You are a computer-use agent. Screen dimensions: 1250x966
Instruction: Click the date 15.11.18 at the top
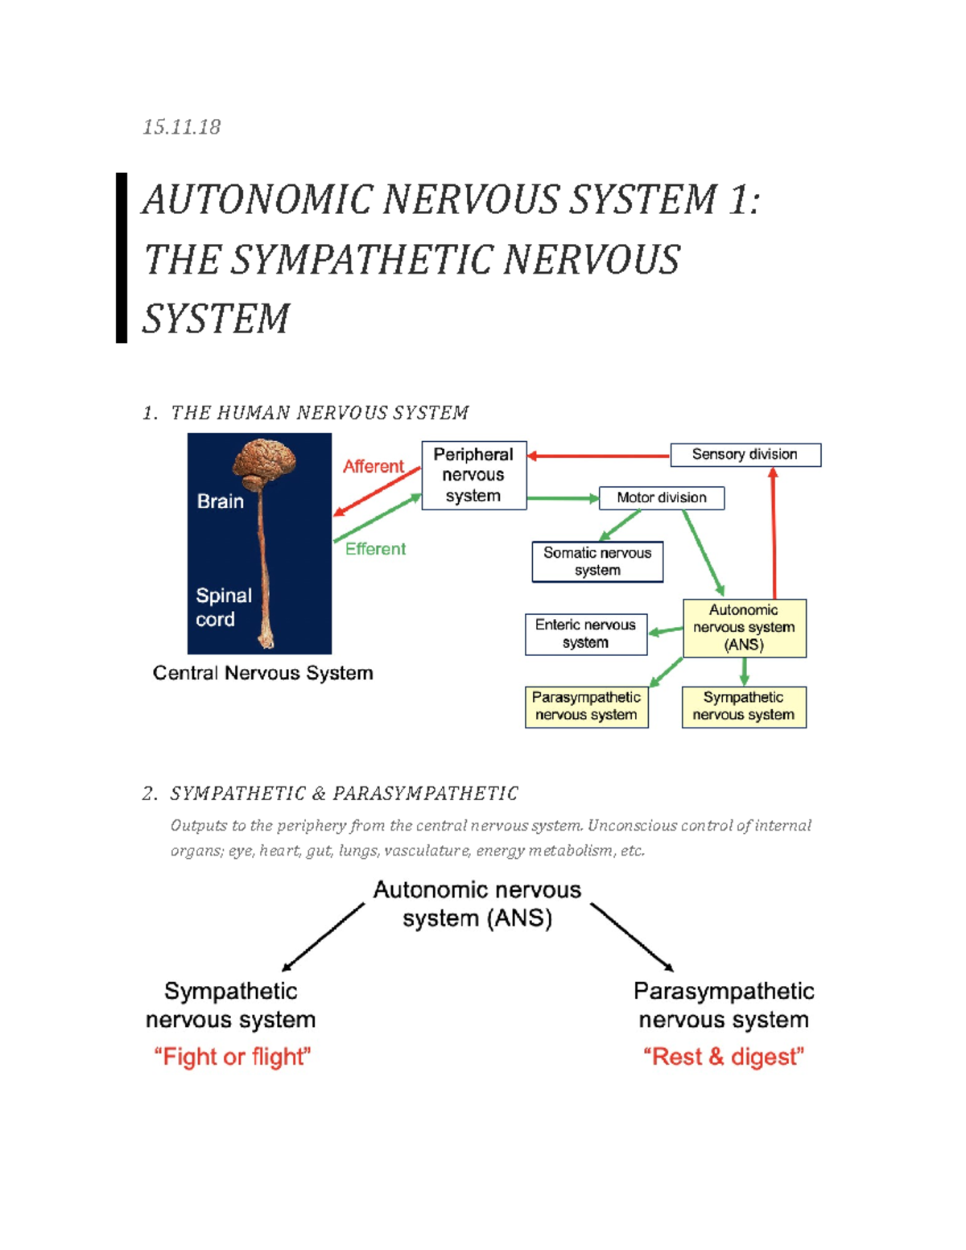181,127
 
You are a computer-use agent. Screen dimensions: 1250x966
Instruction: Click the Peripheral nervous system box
473,475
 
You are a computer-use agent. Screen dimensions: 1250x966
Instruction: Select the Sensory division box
745,455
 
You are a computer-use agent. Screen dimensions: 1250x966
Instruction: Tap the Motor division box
661,497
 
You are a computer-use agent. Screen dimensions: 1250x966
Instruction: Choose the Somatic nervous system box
597,561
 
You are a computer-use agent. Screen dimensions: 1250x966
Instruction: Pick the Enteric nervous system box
585,633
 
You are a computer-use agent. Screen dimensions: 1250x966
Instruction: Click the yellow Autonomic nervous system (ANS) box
744,628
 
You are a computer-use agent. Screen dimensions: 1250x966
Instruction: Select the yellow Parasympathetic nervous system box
586,706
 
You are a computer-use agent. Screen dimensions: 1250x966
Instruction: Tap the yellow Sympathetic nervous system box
743,706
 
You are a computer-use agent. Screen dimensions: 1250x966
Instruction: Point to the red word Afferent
373,467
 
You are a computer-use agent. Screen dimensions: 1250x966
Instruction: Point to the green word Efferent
375,549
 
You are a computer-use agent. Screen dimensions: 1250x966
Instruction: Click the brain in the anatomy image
264,461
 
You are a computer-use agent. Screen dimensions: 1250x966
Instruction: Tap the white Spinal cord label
223,607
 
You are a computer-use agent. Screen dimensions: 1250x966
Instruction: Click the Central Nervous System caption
262,673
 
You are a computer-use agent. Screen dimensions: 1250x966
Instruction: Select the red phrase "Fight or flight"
232,1057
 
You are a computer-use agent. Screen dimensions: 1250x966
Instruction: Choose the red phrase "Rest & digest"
723,1057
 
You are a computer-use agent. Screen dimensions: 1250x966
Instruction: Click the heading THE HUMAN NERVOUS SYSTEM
319,413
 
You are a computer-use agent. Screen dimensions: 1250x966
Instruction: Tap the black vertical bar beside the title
122,258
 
